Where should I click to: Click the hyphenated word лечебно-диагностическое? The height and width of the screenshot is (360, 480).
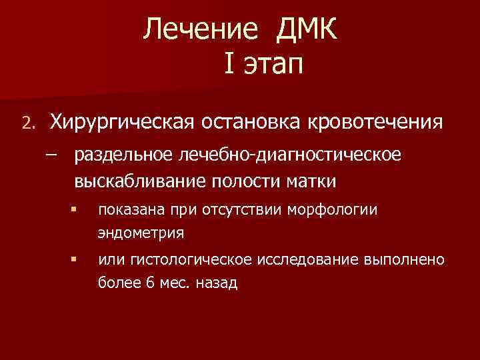(x=289, y=156)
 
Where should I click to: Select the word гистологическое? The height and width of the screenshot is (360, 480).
(x=188, y=259)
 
